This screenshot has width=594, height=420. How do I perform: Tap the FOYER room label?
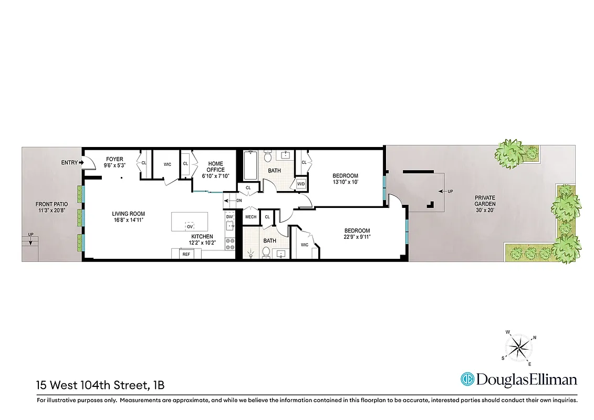114,159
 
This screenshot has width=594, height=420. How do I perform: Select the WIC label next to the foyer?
167,164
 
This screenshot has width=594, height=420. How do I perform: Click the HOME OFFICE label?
216,166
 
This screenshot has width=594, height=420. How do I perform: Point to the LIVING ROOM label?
128,214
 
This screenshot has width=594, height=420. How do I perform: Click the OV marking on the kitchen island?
190,226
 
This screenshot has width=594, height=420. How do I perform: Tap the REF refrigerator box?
185,254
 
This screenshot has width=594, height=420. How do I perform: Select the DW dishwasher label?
229,217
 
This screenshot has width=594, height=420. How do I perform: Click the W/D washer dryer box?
301,184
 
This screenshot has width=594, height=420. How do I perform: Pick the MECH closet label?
251,217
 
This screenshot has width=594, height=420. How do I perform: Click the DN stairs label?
239,201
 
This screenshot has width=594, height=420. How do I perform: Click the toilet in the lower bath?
266,253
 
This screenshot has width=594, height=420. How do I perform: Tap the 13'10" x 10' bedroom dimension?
345,182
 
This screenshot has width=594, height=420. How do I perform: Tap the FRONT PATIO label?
51,207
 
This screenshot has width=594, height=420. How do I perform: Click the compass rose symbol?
518,348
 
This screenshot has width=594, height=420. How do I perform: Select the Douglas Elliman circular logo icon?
467,379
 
